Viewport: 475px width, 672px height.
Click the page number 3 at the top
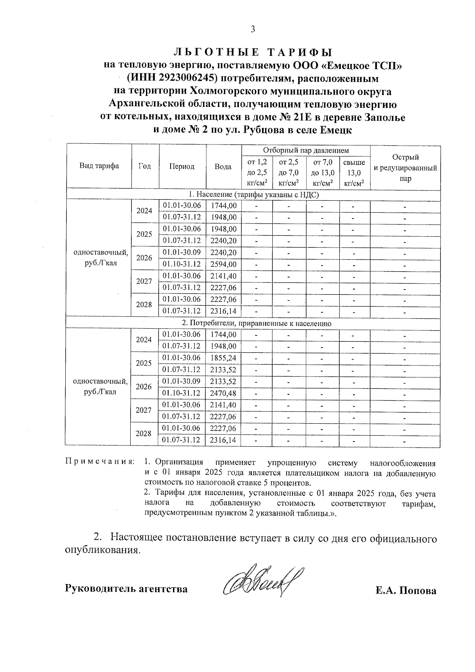[253, 30]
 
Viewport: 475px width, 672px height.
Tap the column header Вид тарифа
[99, 166]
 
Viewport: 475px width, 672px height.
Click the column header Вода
[223, 167]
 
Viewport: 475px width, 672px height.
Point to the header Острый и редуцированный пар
[405, 168]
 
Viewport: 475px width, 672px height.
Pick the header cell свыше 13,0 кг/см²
[354, 173]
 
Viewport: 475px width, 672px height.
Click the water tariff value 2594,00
[223, 264]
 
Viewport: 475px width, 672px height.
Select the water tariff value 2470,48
[223, 393]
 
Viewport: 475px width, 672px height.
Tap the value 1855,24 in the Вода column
[223, 358]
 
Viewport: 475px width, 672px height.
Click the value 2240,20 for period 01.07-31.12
[223, 241]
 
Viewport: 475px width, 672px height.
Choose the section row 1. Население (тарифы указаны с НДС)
[253, 194]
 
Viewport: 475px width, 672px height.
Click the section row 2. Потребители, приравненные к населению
[253, 324]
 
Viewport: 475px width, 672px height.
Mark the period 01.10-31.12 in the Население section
[182, 264]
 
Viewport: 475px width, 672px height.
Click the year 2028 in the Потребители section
[144, 434]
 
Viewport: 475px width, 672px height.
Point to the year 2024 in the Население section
[144, 211]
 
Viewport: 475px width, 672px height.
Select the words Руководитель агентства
[126, 589]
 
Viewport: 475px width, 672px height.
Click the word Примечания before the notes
[99, 462]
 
